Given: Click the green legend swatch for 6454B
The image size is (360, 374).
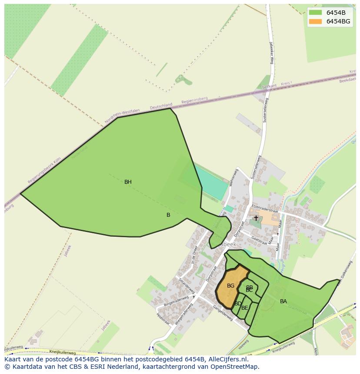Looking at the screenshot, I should [315, 13].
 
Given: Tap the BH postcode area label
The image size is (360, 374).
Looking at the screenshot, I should [128, 182].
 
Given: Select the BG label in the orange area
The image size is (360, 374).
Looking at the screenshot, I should [230, 286].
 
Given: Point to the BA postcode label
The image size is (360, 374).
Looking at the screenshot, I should [283, 301].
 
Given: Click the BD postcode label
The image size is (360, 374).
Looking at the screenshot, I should [238, 304].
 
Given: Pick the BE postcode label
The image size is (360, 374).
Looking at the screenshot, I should [245, 308].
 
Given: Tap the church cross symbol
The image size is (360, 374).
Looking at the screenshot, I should [256, 218].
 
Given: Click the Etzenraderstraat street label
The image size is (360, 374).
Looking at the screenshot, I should [264, 208].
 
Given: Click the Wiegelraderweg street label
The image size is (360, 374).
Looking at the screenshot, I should [184, 313].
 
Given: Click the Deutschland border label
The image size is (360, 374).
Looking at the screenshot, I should [161, 106].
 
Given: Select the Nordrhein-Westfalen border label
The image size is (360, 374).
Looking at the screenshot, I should [122, 116].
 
